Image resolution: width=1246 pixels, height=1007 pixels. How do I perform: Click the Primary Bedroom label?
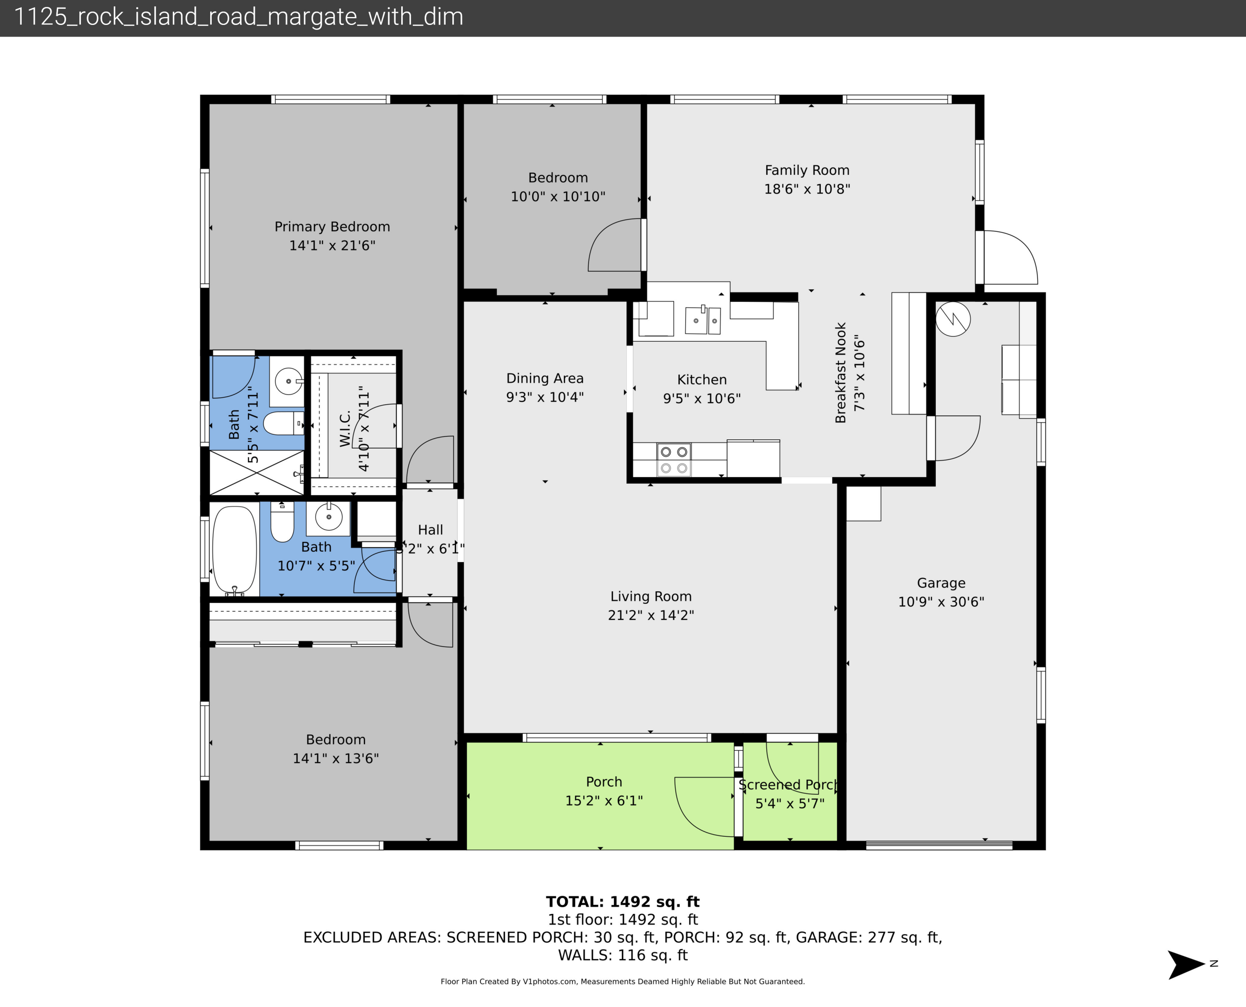click(x=332, y=227)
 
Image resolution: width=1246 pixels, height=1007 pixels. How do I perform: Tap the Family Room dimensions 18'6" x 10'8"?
click(x=807, y=189)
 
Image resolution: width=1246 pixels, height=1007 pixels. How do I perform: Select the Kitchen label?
click(x=702, y=380)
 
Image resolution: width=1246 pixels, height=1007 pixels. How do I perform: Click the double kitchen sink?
click(x=702, y=320)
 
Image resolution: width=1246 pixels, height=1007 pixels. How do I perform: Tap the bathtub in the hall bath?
click(x=234, y=550)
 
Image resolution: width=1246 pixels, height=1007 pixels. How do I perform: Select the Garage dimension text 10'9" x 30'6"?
click(x=941, y=602)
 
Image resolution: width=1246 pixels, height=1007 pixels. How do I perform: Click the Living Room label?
click(x=651, y=596)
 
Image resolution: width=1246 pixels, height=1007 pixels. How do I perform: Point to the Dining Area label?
click(x=545, y=378)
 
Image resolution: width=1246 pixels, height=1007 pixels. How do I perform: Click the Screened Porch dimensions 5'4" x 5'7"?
click(x=790, y=804)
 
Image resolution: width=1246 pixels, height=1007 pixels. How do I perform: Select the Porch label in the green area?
click(x=604, y=782)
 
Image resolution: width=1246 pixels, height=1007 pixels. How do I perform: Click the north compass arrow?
click(x=1186, y=965)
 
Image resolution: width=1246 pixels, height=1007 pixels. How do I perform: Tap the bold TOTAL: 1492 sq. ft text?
click(x=623, y=902)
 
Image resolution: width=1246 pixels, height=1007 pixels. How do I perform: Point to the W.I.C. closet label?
click(x=345, y=429)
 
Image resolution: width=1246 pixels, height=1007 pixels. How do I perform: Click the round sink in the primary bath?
click(x=288, y=381)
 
